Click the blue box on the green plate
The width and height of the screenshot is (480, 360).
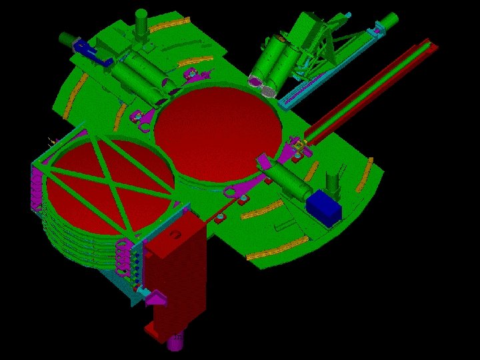(325, 207)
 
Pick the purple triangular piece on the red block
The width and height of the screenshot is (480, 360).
(156, 298)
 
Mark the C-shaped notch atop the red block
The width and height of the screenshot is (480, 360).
(175, 235)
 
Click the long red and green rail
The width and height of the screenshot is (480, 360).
(373, 86)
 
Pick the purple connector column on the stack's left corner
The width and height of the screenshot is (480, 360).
(37, 193)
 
